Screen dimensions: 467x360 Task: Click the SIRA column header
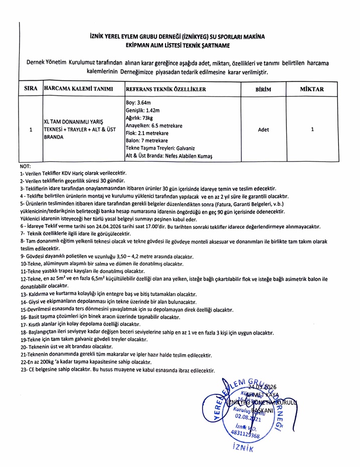[31, 89]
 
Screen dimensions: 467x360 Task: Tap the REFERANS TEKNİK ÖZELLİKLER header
[165, 89]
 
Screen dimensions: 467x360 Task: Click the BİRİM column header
[263, 89]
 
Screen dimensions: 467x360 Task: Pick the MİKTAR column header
[312, 89]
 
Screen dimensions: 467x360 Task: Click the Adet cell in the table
[263, 129]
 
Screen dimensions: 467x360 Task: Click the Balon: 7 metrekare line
[146, 141]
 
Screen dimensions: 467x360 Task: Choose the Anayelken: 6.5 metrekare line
[153, 125]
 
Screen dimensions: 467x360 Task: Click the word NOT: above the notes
[25, 166]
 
